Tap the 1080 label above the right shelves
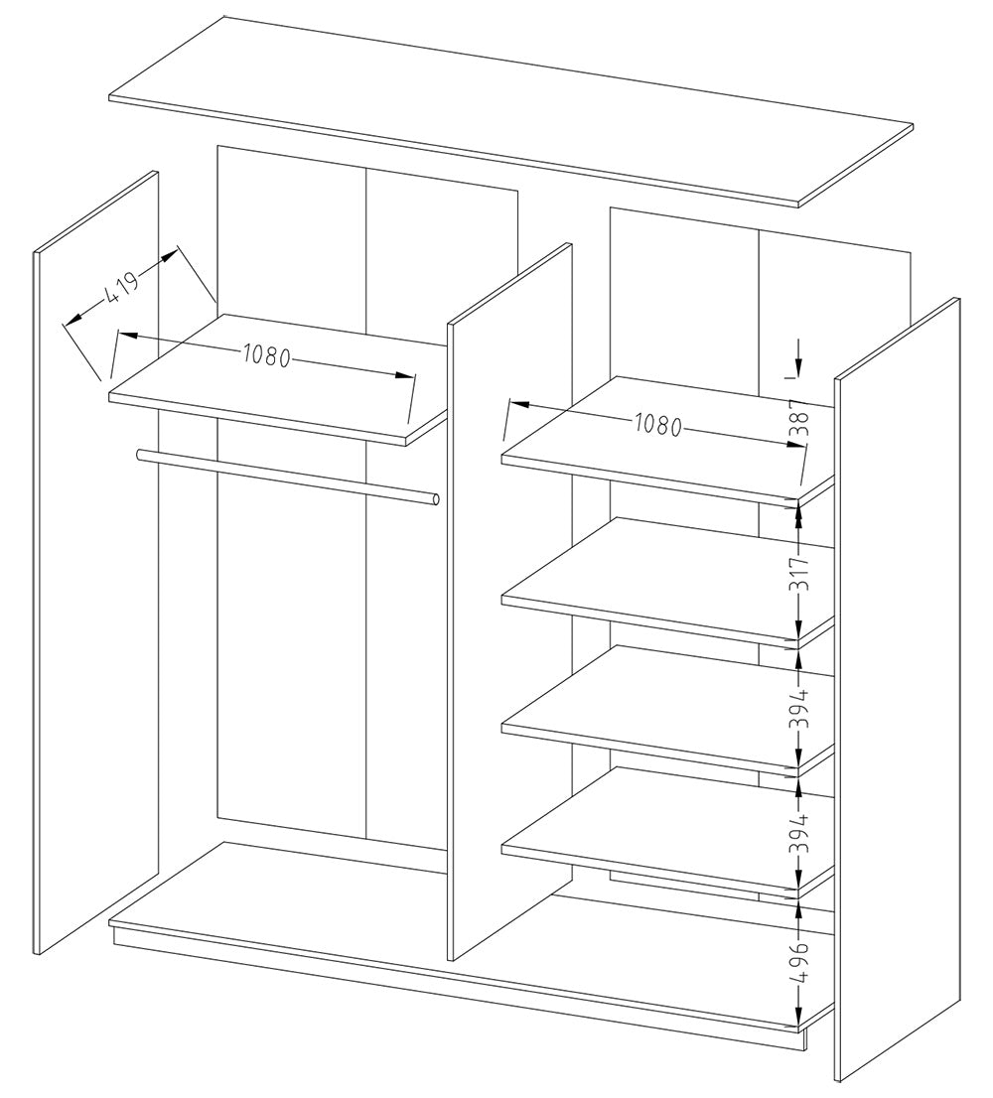[655, 425]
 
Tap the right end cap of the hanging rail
[434, 499]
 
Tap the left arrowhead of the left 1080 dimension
[126, 337]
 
